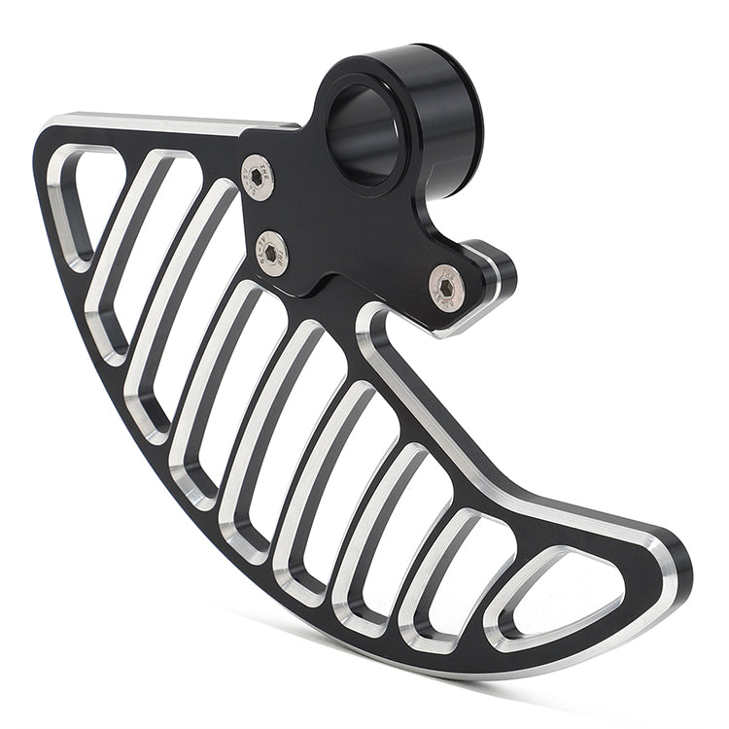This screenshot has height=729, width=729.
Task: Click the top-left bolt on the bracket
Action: [258, 178]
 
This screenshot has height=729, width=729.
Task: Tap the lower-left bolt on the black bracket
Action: [272, 253]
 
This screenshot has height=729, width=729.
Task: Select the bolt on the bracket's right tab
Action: [446, 287]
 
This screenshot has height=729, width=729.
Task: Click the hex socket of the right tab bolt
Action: [446, 287]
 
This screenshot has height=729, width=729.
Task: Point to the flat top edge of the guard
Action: [165, 124]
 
